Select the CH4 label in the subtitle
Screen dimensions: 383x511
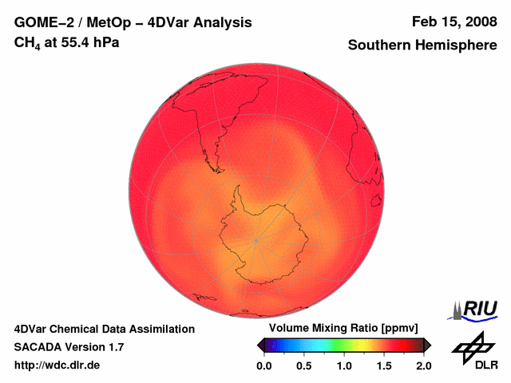[27, 42]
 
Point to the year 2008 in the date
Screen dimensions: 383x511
[478, 22]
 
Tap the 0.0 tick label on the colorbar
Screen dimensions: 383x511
[264, 365]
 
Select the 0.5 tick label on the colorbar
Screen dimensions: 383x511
[304, 365]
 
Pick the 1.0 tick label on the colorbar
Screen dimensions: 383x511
[344, 365]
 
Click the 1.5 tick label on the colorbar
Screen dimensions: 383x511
[384, 365]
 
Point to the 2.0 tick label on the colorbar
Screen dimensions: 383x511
[424, 365]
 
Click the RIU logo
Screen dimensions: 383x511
[477, 309]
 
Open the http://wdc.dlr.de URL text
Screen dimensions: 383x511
[57, 365]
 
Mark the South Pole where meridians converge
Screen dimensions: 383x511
[256, 239]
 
